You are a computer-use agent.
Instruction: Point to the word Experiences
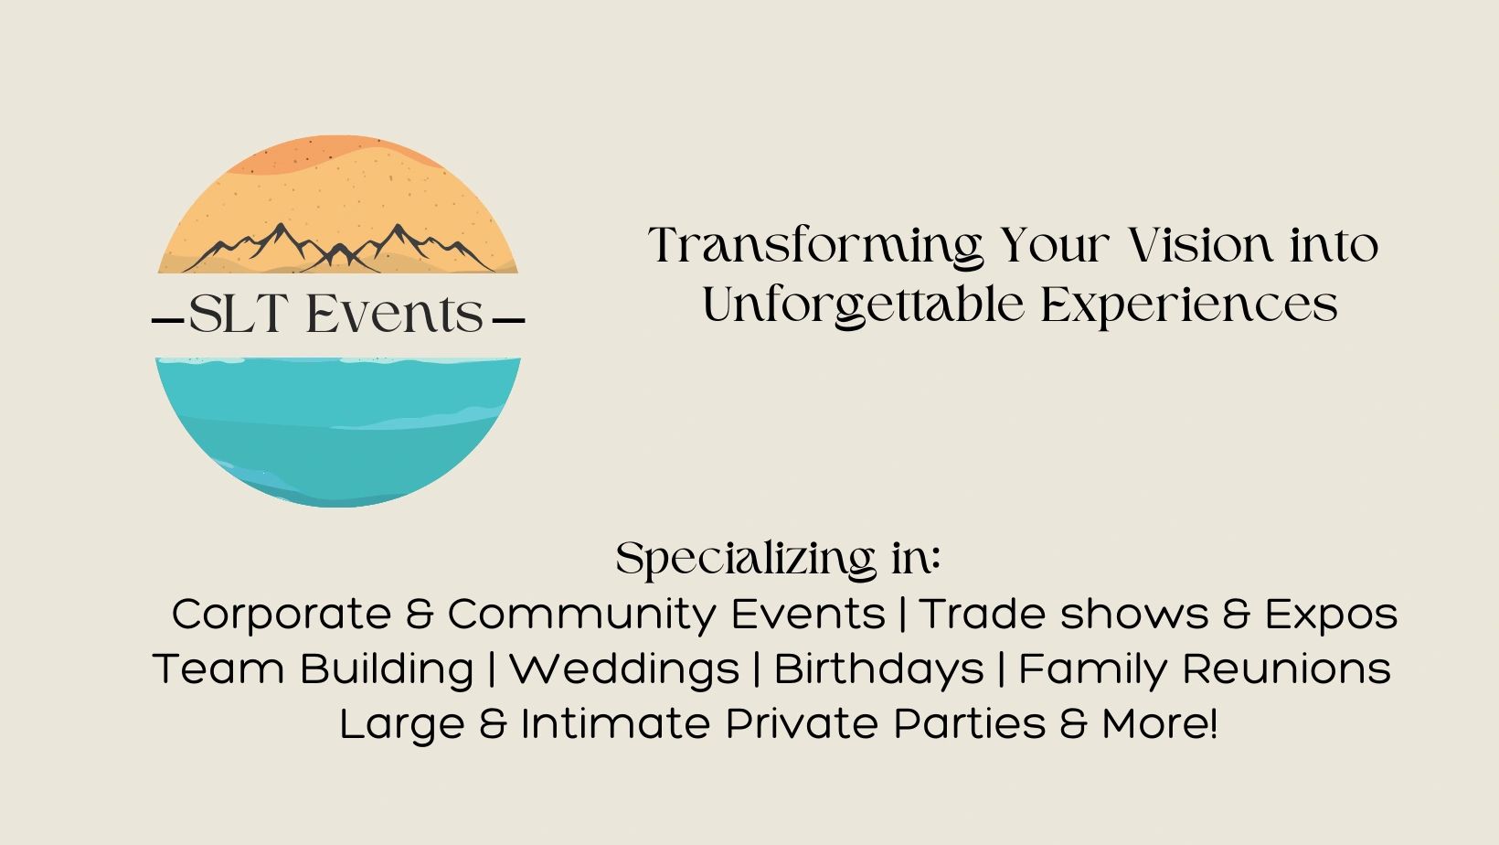point(1189,305)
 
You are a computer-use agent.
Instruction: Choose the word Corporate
point(281,614)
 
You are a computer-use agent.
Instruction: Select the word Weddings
point(623,669)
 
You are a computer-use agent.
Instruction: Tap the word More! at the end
point(1160,724)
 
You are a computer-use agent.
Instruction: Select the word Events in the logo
point(394,316)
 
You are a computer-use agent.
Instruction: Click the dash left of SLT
point(166,321)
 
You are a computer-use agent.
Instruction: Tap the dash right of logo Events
point(508,321)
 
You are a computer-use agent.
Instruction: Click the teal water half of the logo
point(338,430)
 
